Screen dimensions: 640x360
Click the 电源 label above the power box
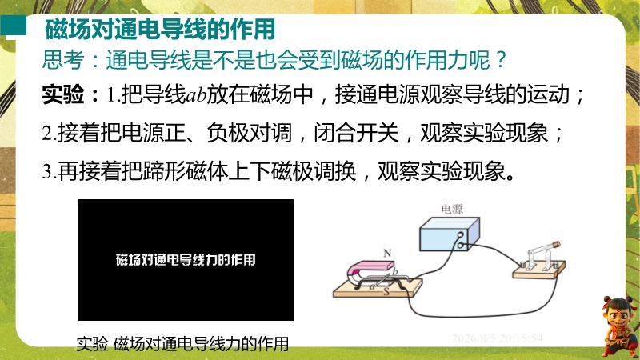pos(452,210)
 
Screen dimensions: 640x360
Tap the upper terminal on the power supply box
pos(461,234)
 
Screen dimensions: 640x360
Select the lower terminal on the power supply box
pos(461,246)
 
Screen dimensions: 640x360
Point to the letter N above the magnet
pos(387,254)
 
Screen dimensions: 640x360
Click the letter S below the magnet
pos(386,292)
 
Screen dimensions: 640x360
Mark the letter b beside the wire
pos(394,271)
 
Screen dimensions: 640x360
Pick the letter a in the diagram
pos(372,286)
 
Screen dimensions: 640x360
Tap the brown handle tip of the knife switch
pos(555,244)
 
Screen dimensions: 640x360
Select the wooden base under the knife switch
pos(538,270)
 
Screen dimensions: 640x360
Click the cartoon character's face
pos(617,316)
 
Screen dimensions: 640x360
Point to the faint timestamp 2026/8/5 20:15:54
pos(497,338)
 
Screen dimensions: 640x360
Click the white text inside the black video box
pos(186,260)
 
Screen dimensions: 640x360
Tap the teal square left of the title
pos(13,26)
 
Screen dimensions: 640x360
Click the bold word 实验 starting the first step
pos(63,94)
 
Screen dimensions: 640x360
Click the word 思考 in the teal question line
pos(63,60)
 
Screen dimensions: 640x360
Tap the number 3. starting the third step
pos(49,171)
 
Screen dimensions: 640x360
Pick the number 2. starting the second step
pos(49,133)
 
